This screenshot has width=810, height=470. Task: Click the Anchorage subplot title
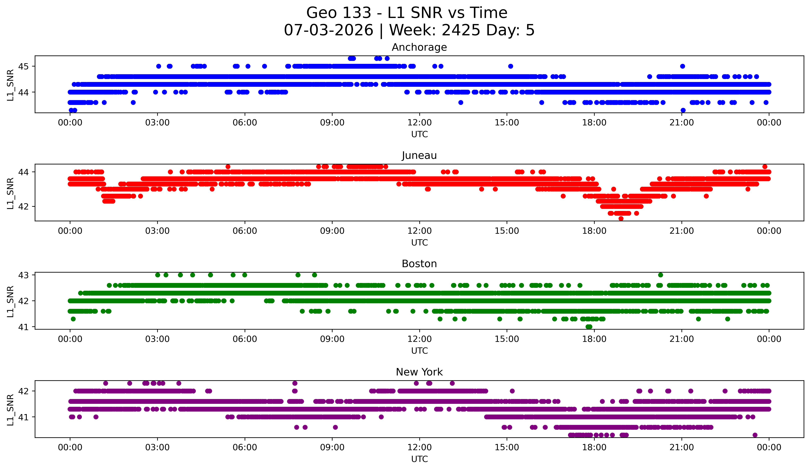(x=419, y=47)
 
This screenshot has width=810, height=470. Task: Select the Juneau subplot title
(x=419, y=155)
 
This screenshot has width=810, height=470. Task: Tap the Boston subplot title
(x=419, y=264)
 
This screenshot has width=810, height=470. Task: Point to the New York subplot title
(x=419, y=372)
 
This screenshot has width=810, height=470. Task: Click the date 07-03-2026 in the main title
(x=328, y=30)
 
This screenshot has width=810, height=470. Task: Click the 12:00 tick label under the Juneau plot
(x=419, y=231)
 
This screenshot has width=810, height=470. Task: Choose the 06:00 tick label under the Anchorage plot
(x=245, y=122)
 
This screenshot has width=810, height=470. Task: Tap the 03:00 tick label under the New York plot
(x=158, y=447)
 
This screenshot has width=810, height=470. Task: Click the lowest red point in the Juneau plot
(x=621, y=218)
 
